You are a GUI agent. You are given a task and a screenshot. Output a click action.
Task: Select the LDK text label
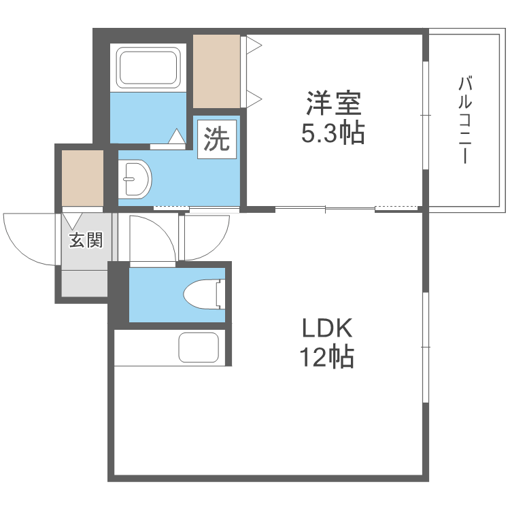pyautogui.click(x=327, y=329)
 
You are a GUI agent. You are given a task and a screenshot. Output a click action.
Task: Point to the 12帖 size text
pyautogui.click(x=327, y=356)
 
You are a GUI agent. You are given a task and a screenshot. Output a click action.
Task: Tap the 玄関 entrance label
pyautogui.click(x=86, y=240)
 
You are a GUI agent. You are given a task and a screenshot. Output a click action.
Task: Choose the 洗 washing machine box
pyautogui.click(x=218, y=139)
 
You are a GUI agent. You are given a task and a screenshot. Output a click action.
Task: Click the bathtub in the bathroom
pyautogui.click(x=149, y=67)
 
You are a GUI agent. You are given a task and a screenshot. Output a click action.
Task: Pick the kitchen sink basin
pyautogui.click(x=199, y=347)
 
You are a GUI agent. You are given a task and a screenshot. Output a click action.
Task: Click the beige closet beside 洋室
pyautogui.click(x=217, y=71)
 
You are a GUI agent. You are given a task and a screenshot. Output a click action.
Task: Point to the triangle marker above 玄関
pyautogui.click(x=73, y=220)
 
